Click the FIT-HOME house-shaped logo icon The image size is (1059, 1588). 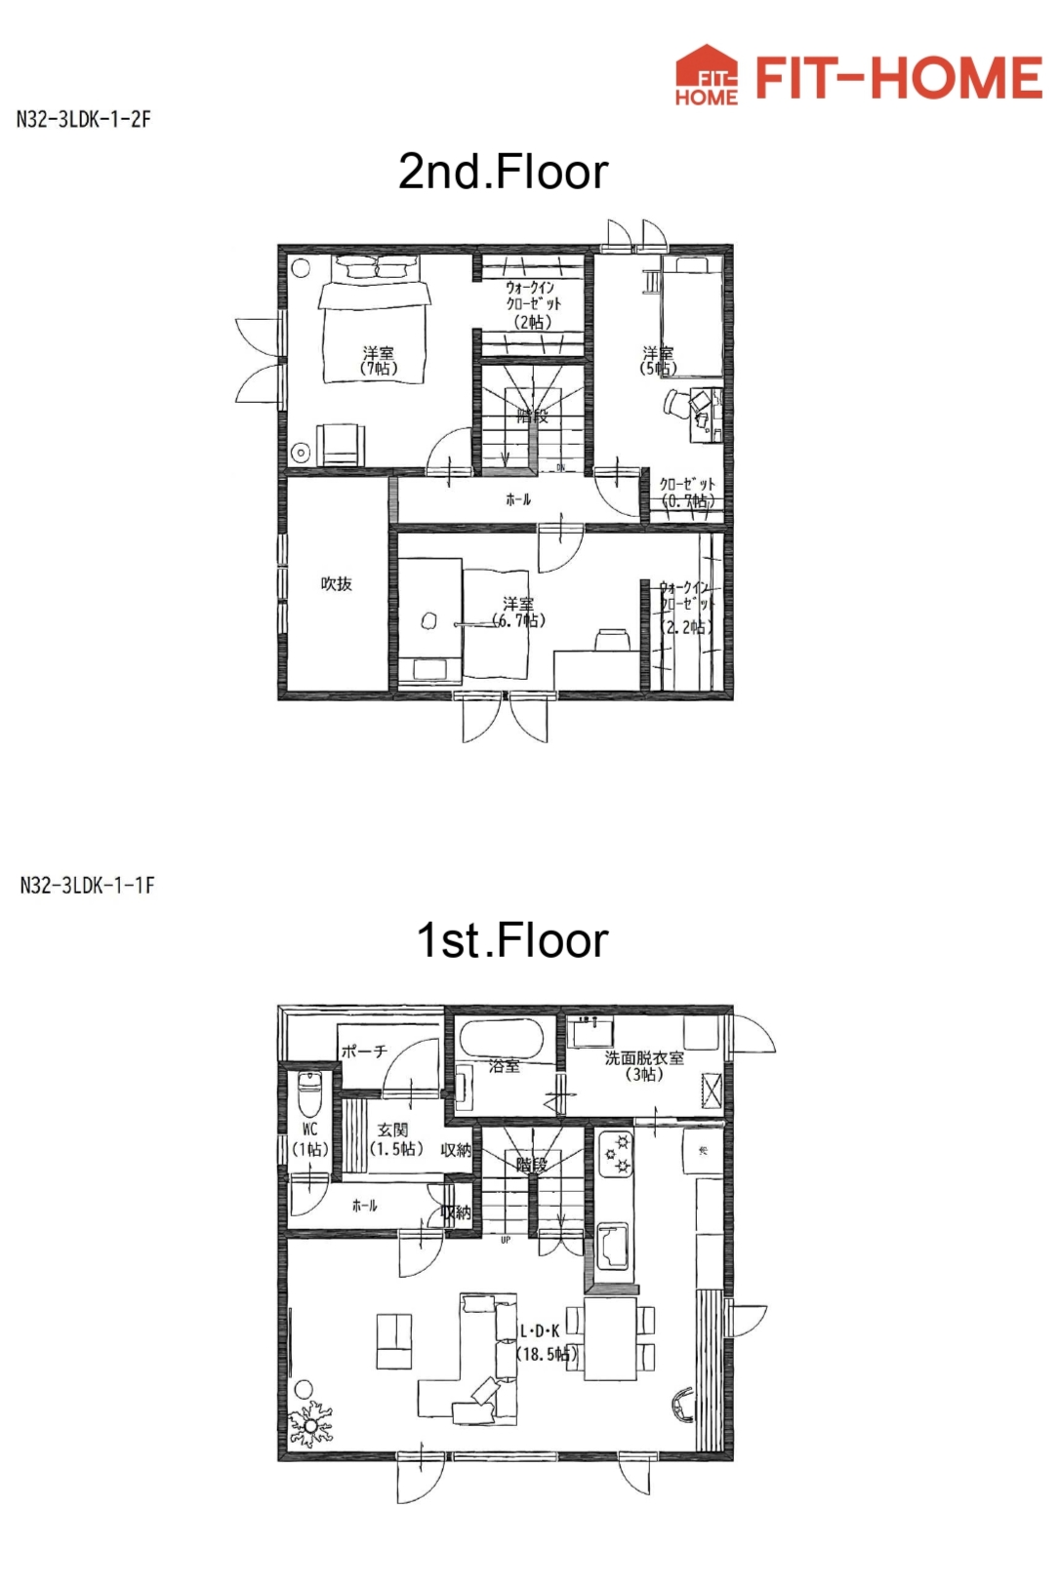click(x=706, y=75)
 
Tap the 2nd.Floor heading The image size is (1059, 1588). click(x=503, y=173)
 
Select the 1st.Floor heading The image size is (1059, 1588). click(x=512, y=941)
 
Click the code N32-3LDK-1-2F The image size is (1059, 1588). click(x=84, y=120)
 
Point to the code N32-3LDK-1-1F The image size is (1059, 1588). click(x=87, y=886)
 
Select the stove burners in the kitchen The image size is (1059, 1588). click(x=616, y=1154)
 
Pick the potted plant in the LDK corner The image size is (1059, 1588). click(x=310, y=1424)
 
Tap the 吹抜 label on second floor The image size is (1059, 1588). click(x=336, y=584)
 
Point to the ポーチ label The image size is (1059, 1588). click(x=364, y=1052)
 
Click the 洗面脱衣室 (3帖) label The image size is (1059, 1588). click(x=644, y=1065)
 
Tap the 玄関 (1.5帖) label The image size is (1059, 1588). click(x=395, y=1139)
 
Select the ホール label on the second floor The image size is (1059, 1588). click(x=518, y=499)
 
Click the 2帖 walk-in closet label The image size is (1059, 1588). click(x=533, y=304)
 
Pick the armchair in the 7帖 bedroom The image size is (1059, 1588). click(x=340, y=445)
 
